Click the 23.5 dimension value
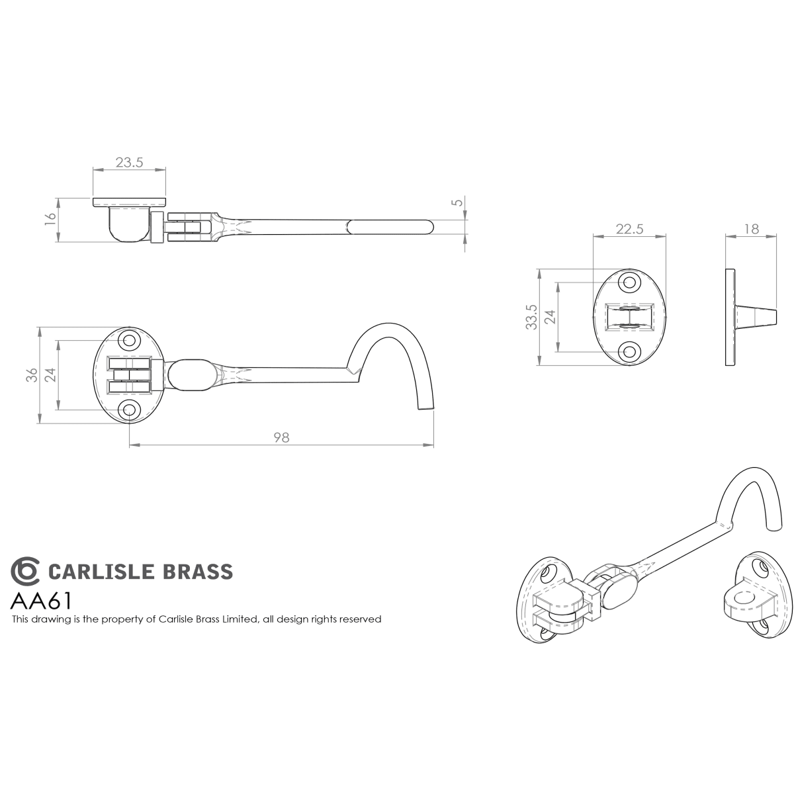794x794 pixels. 129,162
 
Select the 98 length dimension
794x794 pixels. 281,437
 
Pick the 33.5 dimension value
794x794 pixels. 530,318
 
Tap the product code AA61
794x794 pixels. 41,601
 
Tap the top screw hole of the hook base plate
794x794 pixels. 129,341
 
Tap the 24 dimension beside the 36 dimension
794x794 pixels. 50,375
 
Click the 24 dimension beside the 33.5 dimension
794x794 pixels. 549,318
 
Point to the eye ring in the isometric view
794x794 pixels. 746,597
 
